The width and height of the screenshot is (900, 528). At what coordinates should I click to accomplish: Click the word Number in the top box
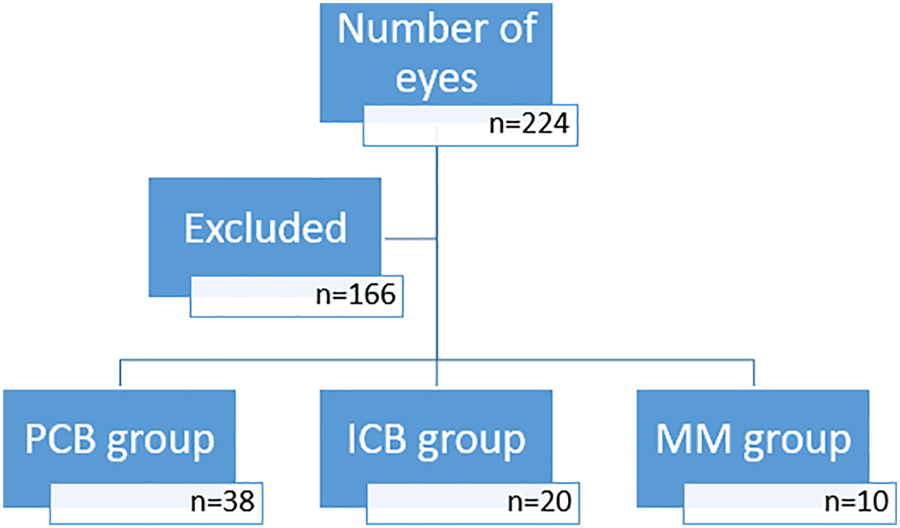[x=414, y=28]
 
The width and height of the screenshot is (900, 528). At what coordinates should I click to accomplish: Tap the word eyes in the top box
[x=436, y=79]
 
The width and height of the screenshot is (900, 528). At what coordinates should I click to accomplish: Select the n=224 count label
[x=529, y=124]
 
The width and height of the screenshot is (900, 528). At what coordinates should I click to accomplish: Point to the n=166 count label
[x=356, y=294]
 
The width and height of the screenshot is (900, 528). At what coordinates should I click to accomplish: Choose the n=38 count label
[x=223, y=501]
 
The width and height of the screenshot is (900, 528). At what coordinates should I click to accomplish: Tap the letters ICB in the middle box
[x=377, y=439]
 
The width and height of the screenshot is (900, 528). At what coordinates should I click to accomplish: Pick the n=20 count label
[x=539, y=501]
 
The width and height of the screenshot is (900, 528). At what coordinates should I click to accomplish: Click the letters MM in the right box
[x=693, y=439]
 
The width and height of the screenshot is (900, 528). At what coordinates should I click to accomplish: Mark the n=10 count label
[x=857, y=501]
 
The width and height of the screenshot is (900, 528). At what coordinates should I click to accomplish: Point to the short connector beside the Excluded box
[x=411, y=239]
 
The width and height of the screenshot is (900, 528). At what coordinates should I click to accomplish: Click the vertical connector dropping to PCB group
[x=120, y=373]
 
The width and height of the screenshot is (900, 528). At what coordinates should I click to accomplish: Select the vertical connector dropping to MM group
[x=754, y=373]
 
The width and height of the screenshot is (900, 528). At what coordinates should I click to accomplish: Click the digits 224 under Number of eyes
[x=545, y=124]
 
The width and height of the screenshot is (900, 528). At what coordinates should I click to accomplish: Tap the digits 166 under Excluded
[x=372, y=294]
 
